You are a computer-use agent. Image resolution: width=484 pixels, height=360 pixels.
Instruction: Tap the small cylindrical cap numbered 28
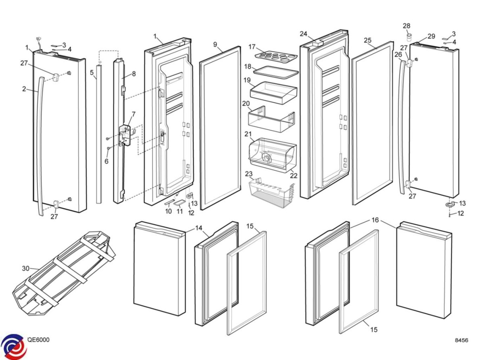(409, 38)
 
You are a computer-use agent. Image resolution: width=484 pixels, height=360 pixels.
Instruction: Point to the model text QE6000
(38, 340)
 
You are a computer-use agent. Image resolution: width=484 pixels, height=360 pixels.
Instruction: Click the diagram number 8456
(461, 341)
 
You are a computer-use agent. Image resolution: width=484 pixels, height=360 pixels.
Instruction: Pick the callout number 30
(26, 268)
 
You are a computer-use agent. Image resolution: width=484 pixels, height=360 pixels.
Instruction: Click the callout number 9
(215, 44)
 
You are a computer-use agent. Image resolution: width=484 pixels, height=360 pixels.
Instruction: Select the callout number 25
(367, 40)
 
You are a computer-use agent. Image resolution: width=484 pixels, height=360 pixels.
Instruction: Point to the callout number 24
(303, 33)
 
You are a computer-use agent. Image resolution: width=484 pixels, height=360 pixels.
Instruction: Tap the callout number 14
(199, 228)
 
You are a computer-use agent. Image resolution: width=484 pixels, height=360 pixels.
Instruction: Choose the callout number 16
(376, 220)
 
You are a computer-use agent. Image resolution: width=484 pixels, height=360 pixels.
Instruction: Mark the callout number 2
(24, 89)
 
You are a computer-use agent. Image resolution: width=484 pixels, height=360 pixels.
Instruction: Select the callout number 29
(431, 36)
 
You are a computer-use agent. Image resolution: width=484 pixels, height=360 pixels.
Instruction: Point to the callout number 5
(92, 73)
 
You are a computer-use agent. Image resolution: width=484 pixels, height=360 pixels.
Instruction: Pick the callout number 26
(398, 54)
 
